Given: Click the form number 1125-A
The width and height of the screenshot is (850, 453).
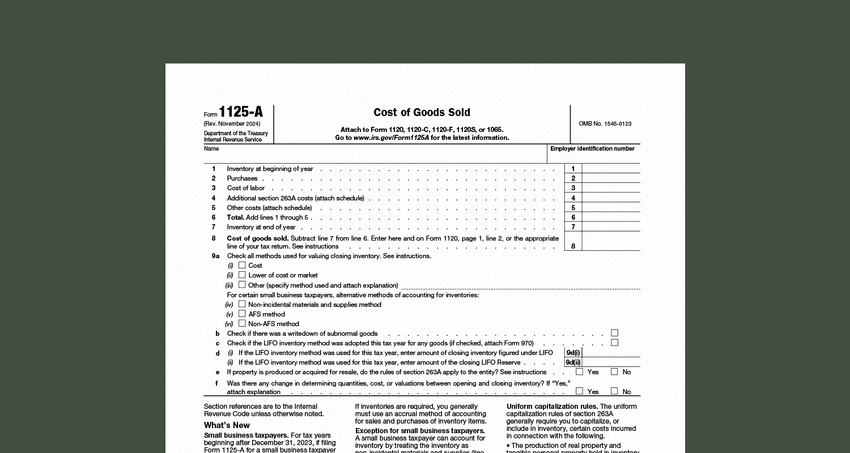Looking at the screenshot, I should tap(241, 112).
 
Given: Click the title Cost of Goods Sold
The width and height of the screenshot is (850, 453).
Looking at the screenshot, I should tap(422, 113).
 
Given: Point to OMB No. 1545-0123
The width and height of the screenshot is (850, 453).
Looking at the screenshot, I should tap(605, 123).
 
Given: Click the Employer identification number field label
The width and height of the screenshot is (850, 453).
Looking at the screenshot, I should tap(592, 149).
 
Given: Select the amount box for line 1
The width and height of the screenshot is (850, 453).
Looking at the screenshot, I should tap(611, 169).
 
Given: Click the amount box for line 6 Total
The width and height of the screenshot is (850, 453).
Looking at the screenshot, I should tap(611, 217).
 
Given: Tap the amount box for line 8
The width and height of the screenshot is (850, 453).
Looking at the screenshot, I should tap(611, 242).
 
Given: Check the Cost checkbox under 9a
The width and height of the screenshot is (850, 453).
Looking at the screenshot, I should tap(242, 265).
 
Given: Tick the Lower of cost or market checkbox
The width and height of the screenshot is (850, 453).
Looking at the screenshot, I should tap(242, 275).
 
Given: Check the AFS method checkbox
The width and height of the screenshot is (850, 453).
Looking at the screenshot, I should tap(242, 314).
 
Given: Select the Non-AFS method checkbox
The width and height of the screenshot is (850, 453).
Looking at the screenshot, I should tap(242, 323).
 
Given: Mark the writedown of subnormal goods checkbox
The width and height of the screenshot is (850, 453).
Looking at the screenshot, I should tap(614, 333).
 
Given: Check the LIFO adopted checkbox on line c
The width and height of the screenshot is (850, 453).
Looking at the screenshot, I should tap(614, 343).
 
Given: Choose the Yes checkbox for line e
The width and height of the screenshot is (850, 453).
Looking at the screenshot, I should tap(579, 372).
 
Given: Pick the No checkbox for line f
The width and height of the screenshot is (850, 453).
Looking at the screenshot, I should tap(614, 391).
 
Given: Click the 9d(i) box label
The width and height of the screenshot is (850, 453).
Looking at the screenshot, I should tap(573, 353).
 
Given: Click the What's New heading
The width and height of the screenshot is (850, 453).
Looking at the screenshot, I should tap(227, 425).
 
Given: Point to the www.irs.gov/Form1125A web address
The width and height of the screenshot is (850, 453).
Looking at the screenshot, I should tap(391, 138).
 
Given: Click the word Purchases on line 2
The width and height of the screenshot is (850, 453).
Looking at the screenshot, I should tap(242, 178).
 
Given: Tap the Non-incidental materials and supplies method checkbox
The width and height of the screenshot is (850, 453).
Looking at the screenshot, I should tap(242, 304).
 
